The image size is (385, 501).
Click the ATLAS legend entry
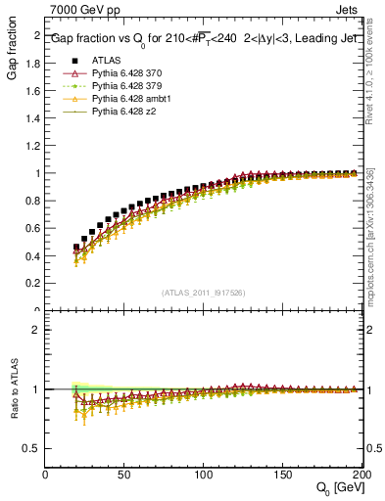(x=105, y=59)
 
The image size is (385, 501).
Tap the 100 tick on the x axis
(x=204, y=475)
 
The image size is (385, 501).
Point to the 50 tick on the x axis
(x=124, y=475)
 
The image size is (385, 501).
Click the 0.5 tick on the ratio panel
(x=33, y=448)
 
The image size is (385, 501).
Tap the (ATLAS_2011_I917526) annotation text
(x=203, y=292)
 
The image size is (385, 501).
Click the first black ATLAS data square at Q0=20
(x=76, y=248)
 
